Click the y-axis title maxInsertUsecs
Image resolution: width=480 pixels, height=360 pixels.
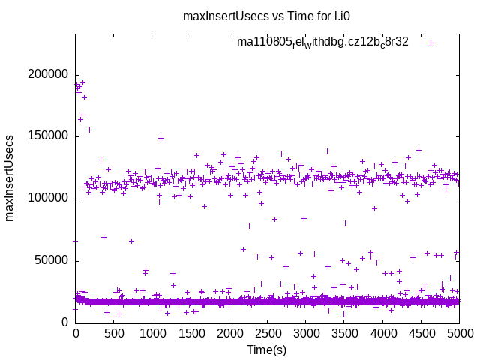10,178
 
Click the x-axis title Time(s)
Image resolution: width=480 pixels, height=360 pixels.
267,349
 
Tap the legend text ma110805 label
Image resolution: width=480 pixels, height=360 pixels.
322,42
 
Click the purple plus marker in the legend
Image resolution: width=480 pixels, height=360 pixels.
430,43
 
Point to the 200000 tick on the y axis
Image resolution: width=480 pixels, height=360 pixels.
48,74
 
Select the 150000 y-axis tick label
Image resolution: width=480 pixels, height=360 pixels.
48,136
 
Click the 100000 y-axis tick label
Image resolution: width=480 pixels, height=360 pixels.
48,199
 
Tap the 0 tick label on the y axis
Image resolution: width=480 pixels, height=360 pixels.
66,322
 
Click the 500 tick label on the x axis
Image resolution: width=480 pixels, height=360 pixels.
114,334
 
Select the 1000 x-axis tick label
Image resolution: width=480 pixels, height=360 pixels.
152,334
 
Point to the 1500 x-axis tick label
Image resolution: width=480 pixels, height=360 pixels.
190,334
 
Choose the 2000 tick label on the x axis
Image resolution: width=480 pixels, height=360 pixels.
229,334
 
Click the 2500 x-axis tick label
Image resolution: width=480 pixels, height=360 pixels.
268,334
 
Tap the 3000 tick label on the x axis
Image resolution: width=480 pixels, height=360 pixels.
306,334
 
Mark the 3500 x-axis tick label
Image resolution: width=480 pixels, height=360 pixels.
344,334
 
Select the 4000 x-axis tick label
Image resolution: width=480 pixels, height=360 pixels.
382,334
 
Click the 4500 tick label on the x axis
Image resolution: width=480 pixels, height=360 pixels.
421,334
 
